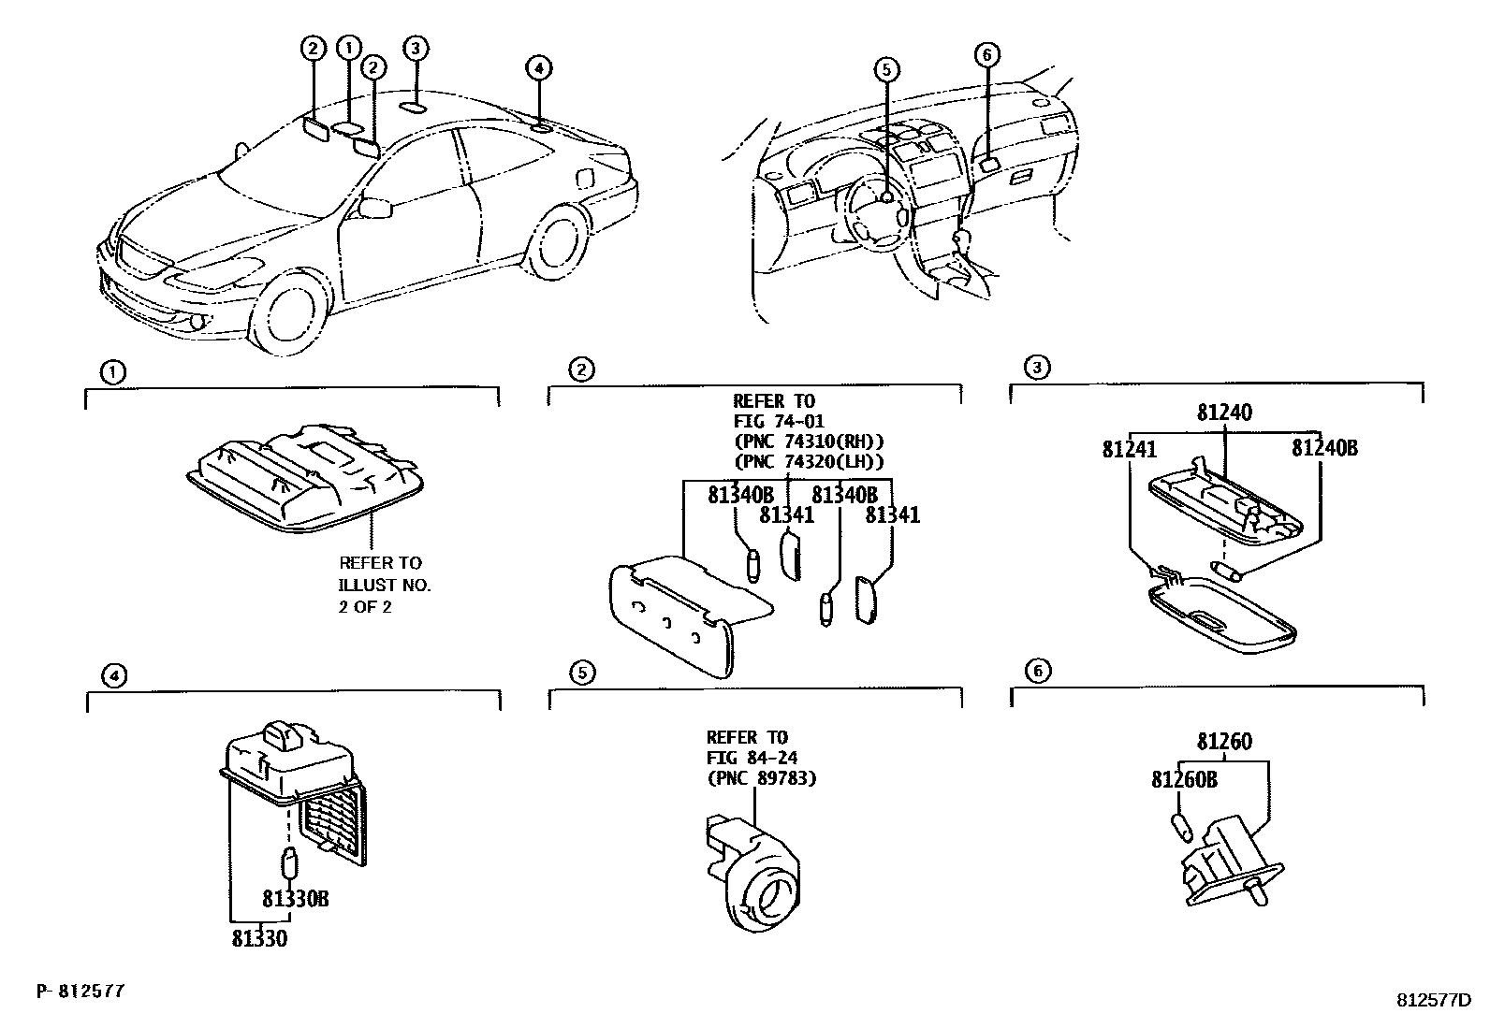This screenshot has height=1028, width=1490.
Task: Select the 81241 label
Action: [1129, 450]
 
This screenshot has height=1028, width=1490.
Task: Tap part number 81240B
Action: [1324, 448]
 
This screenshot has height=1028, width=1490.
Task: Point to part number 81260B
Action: [1184, 778]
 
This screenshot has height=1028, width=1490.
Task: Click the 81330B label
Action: [295, 899]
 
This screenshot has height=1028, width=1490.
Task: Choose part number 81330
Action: [260, 937]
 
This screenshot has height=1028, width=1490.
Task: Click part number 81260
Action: [1224, 743]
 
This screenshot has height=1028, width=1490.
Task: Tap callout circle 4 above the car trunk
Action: [538, 66]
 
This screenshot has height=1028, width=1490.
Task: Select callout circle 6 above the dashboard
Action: [986, 55]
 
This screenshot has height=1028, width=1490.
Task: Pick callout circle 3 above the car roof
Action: [416, 48]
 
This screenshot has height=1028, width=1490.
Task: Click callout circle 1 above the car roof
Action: [348, 47]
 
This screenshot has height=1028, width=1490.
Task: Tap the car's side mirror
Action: [375, 208]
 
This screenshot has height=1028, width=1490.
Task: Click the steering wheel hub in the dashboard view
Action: [884, 196]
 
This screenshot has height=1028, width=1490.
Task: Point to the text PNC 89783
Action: [761, 777]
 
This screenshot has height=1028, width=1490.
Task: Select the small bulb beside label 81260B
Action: [1180, 827]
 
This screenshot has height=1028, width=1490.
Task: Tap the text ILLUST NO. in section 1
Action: [385, 585]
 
